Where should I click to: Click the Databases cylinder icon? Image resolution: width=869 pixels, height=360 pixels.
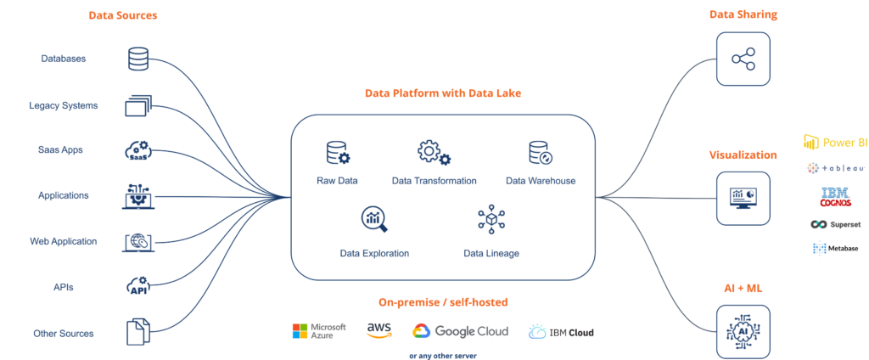pyautogui.click(x=138, y=59)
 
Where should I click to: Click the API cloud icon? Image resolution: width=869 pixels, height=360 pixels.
pyautogui.click(x=138, y=286)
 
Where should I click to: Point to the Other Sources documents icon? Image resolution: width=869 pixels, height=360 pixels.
pyautogui.click(x=138, y=332)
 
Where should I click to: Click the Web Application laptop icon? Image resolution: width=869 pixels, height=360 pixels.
pyautogui.click(x=138, y=242)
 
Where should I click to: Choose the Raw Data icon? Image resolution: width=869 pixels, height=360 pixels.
pyautogui.click(x=338, y=153)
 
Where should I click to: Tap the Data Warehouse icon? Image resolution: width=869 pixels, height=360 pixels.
pyautogui.click(x=541, y=153)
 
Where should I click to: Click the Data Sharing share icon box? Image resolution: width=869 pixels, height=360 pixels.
pyautogui.click(x=743, y=59)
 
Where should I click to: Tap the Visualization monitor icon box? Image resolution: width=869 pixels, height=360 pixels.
pyautogui.click(x=743, y=199)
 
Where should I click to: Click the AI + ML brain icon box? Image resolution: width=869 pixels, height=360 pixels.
pyautogui.click(x=743, y=331)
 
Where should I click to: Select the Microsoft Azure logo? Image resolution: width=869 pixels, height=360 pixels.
pyautogui.click(x=319, y=331)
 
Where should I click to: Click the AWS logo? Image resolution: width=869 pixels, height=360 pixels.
pyautogui.click(x=379, y=330)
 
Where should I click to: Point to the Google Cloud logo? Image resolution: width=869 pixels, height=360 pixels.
pyautogui.click(x=460, y=332)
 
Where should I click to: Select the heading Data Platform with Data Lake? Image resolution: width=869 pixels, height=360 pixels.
pyautogui.click(x=443, y=93)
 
